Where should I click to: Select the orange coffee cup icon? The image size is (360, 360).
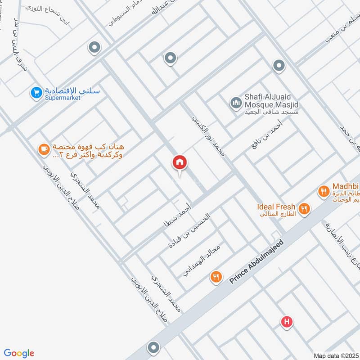(x=44, y=150)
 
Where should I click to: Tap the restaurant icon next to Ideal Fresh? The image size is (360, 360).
(x=304, y=208)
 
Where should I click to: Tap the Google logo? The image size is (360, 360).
(x=19, y=353)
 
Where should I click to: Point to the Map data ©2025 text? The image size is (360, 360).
(x=335, y=355)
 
